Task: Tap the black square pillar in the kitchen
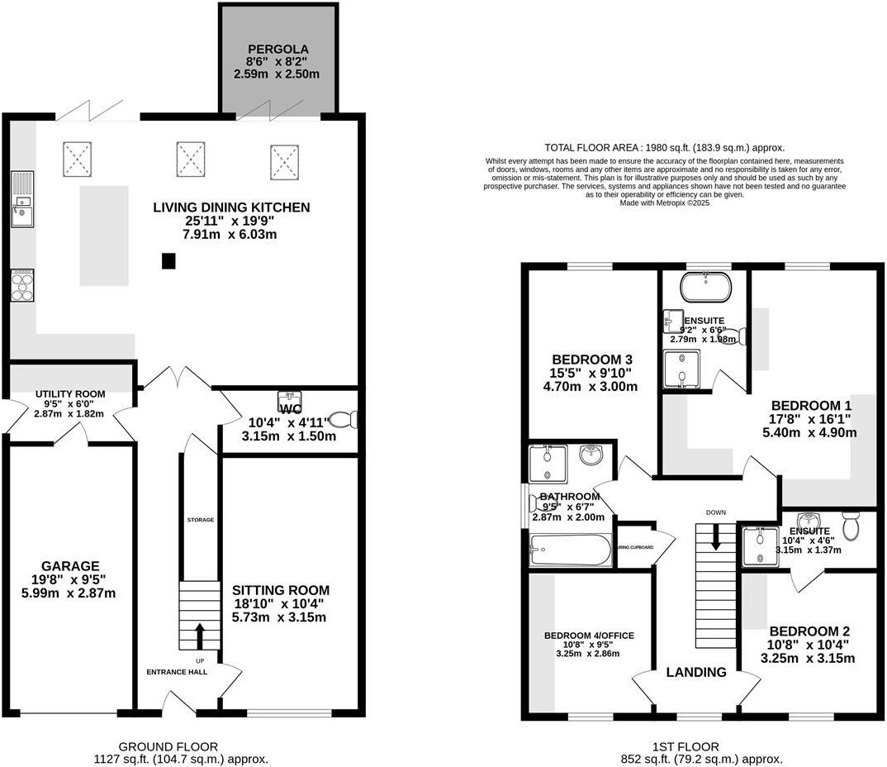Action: (168, 261)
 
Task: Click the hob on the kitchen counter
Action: (21, 284)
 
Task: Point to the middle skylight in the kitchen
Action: (189, 158)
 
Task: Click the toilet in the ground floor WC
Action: (343, 420)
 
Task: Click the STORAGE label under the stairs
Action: (200, 520)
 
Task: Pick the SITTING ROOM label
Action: (281, 590)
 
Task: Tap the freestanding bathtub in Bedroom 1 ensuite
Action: (704, 288)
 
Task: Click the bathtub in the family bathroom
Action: (570, 550)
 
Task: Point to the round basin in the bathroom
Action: (591, 455)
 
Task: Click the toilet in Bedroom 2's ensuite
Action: (851, 526)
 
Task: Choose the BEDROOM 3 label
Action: (592, 360)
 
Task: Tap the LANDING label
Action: (696, 672)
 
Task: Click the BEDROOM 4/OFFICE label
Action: (589, 635)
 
